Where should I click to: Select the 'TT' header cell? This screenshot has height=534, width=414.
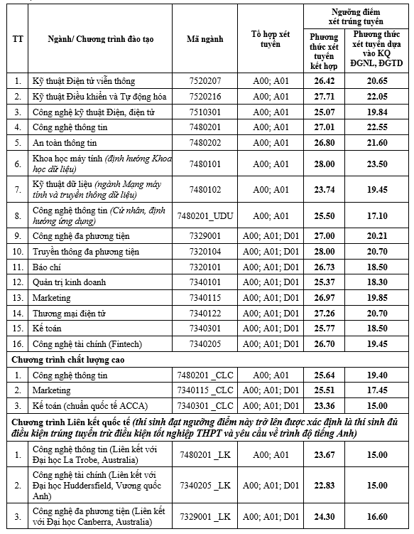[17, 38]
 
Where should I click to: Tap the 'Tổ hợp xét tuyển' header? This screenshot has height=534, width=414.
[271, 38]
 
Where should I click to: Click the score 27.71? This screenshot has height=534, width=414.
[324, 96]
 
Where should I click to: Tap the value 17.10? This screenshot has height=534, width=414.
[376, 215]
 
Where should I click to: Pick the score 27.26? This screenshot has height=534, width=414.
[324, 313]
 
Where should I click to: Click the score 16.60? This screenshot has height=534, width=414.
[376, 516]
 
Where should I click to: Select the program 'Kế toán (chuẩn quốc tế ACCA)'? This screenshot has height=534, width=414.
[88, 405]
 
